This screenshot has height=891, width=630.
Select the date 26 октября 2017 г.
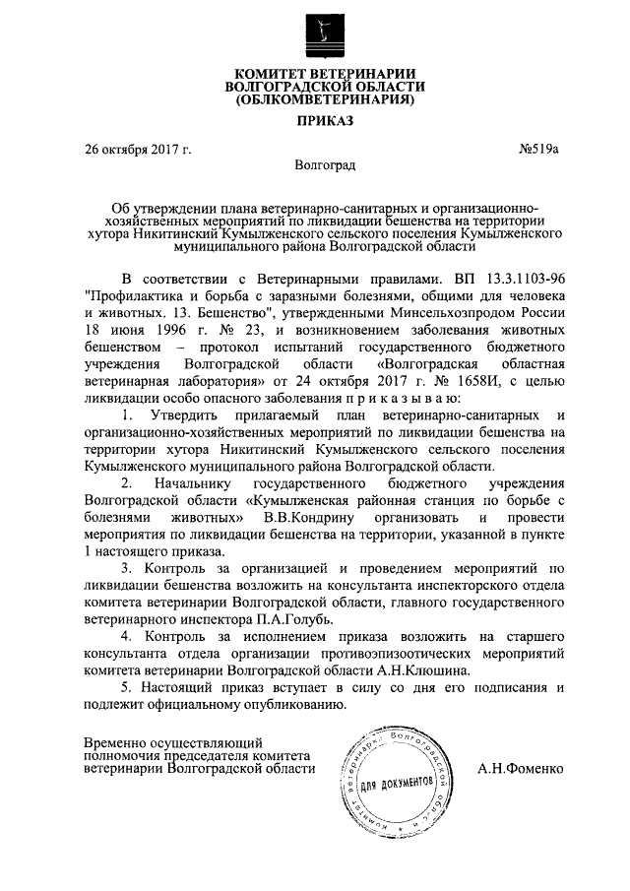pyautogui.click(x=137, y=150)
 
